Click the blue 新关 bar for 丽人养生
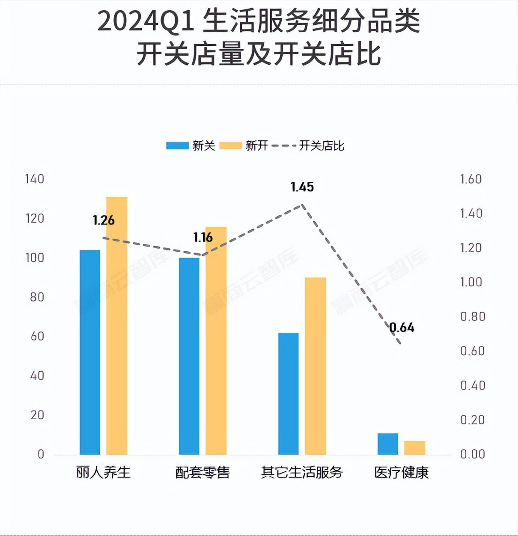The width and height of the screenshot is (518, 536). pyautogui.click(x=90, y=352)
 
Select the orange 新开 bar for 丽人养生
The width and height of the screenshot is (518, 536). pyautogui.click(x=117, y=325)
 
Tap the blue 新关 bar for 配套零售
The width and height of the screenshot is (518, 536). pyautogui.click(x=189, y=356)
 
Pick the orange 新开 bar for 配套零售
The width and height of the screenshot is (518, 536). pyautogui.click(x=216, y=340)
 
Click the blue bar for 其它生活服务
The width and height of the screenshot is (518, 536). pyautogui.click(x=289, y=393)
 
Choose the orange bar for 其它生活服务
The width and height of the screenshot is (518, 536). pyautogui.click(x=316, y=366)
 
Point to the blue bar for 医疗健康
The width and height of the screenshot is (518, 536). pyautogui.click(x=388, y=444)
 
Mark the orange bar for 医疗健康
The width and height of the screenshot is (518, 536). pyautogui.click(x=415, y=447)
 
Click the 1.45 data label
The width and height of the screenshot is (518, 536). pyautogui.click(x=302, y=187)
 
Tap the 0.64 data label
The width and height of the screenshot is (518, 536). pyautogui.click(x=402, y=328)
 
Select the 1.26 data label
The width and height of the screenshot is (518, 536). pyautogui.click(x=104, y=220)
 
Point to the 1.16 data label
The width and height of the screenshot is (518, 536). pyautogui.click(x=203, y=237)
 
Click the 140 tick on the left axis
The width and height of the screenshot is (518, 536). pyautogui.click(x=35, y=179)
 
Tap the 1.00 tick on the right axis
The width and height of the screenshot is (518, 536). pyautogui.click(x=471, y=282)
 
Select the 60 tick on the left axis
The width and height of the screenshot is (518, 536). pyautogui.click(x=37, y=336)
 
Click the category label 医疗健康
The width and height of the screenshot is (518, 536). pyautogui.click(x=402, y=472)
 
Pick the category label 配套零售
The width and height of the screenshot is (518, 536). pyautogui.click(x=202, y=472)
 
